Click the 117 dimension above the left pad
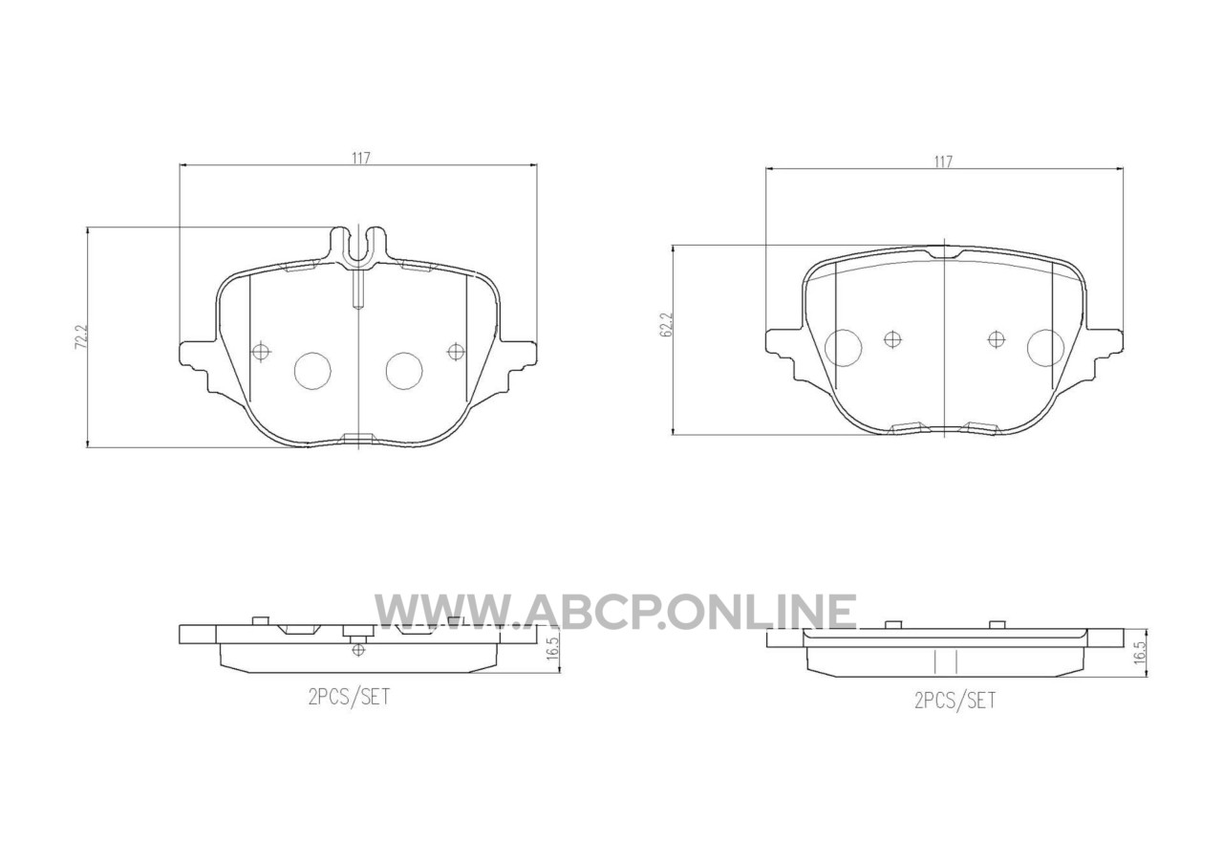[361, 159]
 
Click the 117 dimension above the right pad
[943, 162]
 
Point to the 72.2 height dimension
[82, 337]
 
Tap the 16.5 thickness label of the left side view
[552, 648]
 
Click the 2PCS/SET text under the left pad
[350, 698]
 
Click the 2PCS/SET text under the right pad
[955, 701]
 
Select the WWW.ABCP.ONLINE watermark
[615, 612]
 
